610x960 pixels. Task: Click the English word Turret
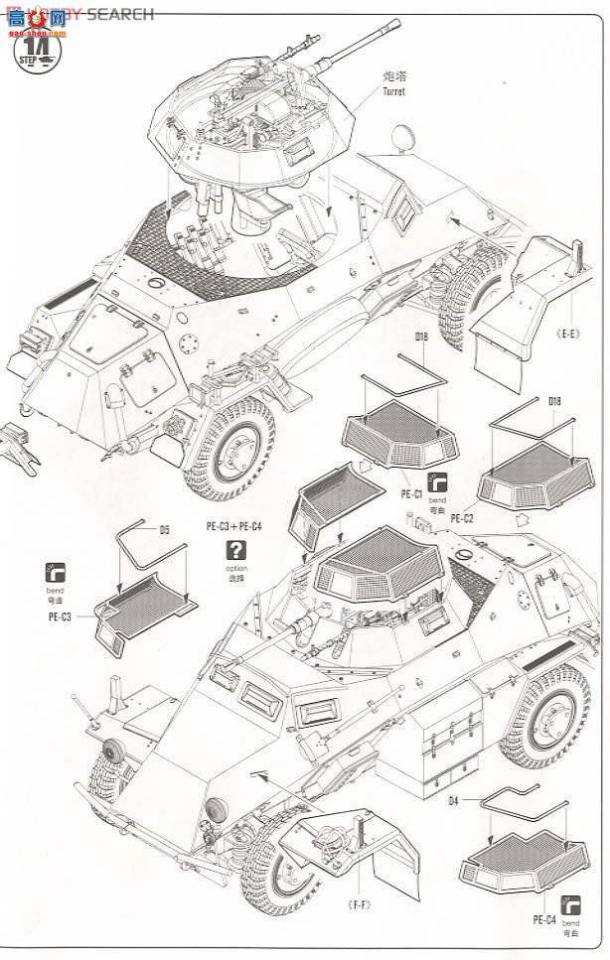[392, 91]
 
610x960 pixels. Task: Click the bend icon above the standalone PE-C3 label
[57, 574]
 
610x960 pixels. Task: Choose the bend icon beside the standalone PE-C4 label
[570, 905]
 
